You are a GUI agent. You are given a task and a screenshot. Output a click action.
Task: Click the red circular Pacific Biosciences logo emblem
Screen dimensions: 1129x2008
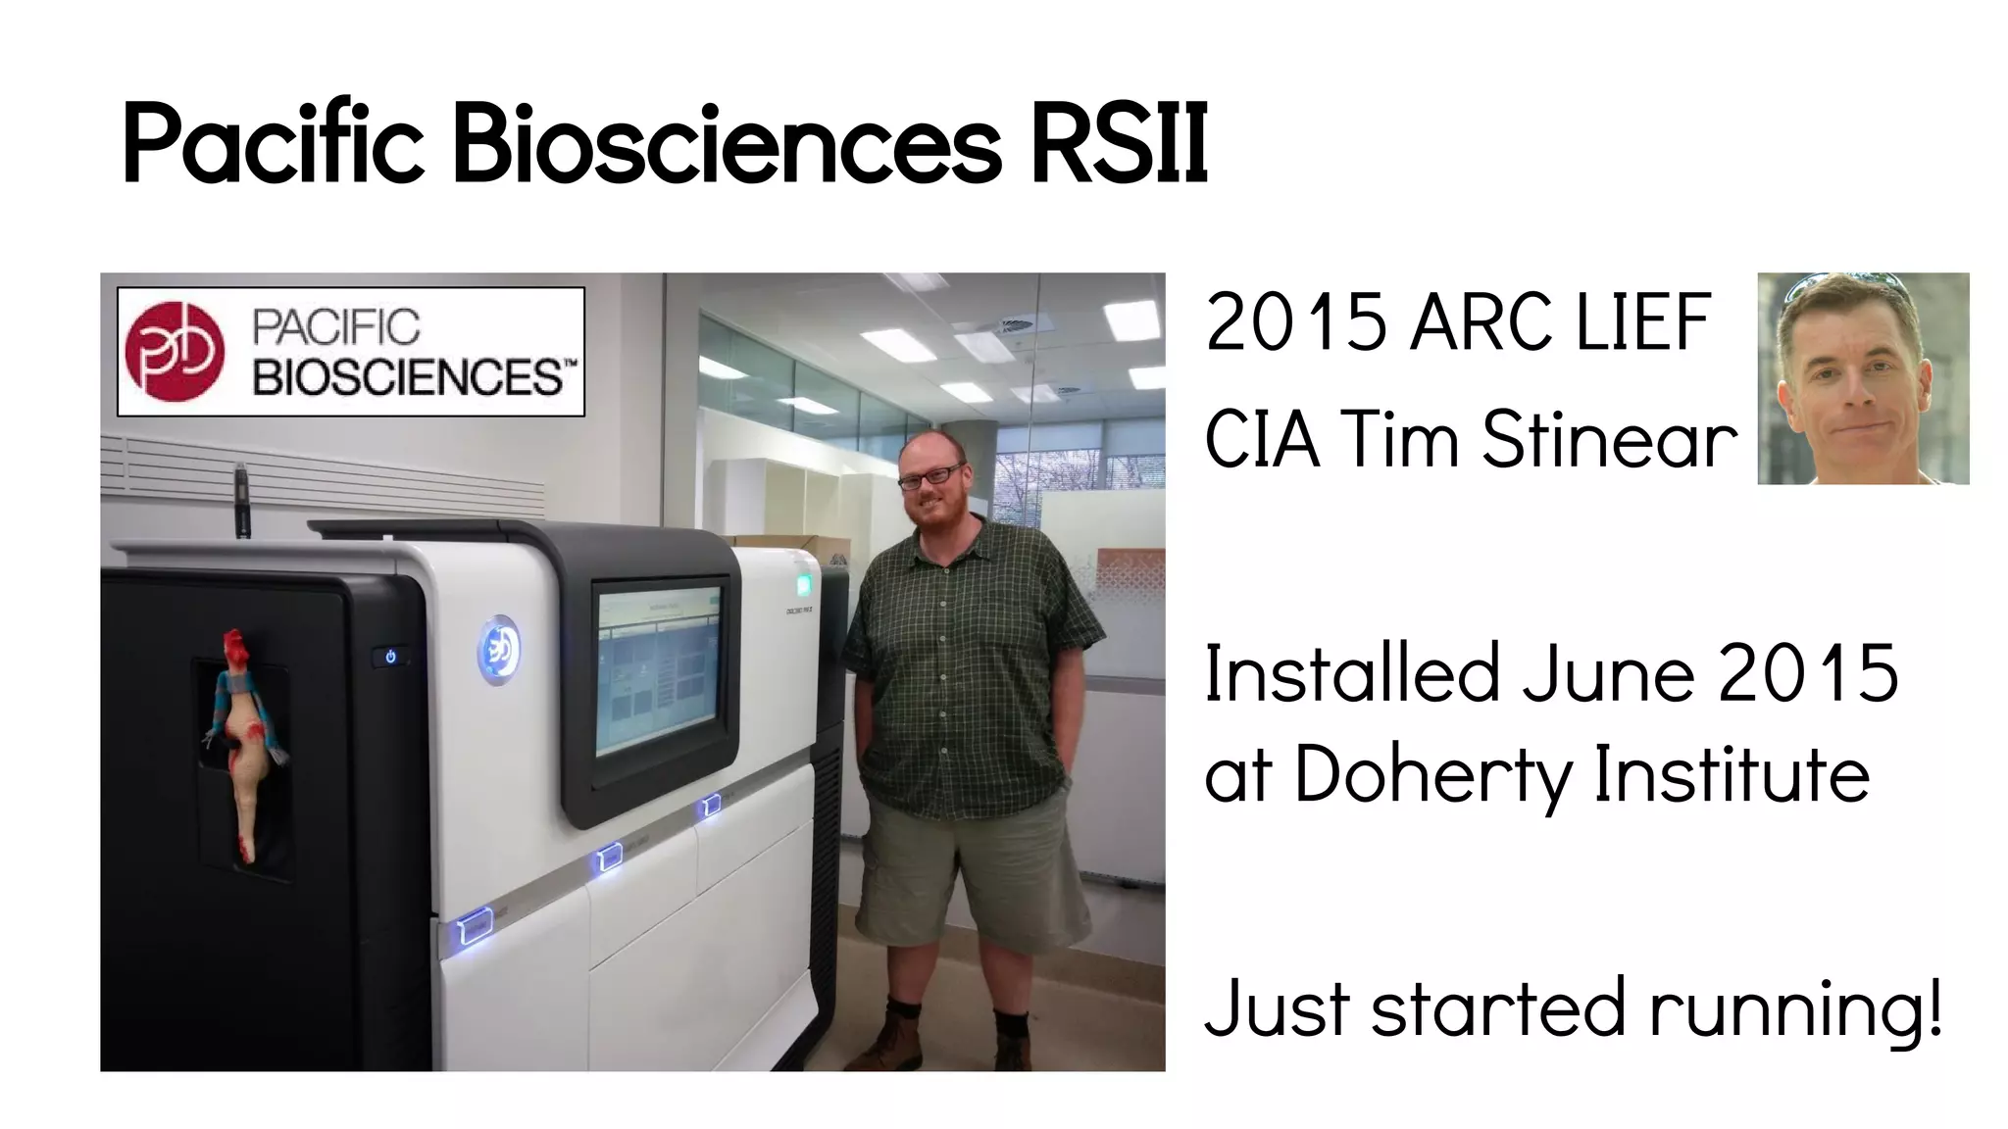point(175,352)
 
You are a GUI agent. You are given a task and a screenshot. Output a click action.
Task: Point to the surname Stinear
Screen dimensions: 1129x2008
point(1608,439)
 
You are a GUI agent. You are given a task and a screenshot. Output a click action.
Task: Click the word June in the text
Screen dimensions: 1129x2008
point(1609,674)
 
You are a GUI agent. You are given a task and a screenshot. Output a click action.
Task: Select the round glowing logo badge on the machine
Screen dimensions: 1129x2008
point(499,649)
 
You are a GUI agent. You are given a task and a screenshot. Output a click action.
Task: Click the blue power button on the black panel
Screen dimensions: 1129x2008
point(390,657)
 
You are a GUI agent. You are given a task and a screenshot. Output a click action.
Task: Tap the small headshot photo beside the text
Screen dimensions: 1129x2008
point(1863,378)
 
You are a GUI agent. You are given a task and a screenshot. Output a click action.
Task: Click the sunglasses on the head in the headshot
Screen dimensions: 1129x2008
point(1843,284)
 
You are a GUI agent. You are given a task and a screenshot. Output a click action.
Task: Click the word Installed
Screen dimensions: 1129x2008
point(1352,674)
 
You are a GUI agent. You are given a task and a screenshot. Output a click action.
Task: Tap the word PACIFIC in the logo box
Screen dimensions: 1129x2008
point(336,327)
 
